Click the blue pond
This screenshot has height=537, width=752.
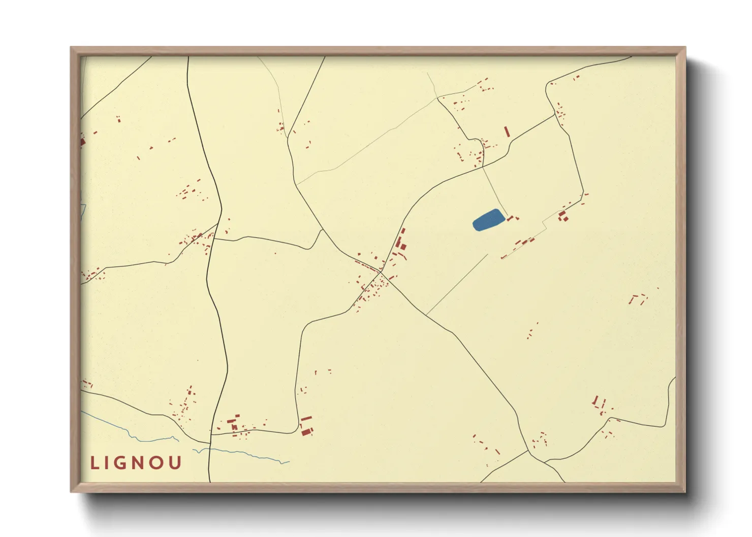click(x=488, y=220)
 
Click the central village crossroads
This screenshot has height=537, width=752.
click(x=381, y=272)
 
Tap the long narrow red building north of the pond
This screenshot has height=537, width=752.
click(x=507, y=131)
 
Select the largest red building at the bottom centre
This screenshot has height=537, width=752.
click(x=306, y=431)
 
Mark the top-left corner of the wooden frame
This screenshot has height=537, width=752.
click(x=71, y=48)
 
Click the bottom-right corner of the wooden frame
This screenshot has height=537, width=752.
click(x=685, y=491)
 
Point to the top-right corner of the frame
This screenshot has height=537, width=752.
click(x=685, y=48)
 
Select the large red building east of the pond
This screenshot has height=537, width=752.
click(x=562, y=218)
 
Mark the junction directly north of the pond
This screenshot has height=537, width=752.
click(x=483, y=167)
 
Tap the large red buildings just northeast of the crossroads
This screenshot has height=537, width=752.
click(x=400, y=244)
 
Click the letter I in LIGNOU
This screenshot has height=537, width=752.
click(x=109, y=463)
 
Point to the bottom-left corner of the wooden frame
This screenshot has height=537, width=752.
click(x=71, y=491)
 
